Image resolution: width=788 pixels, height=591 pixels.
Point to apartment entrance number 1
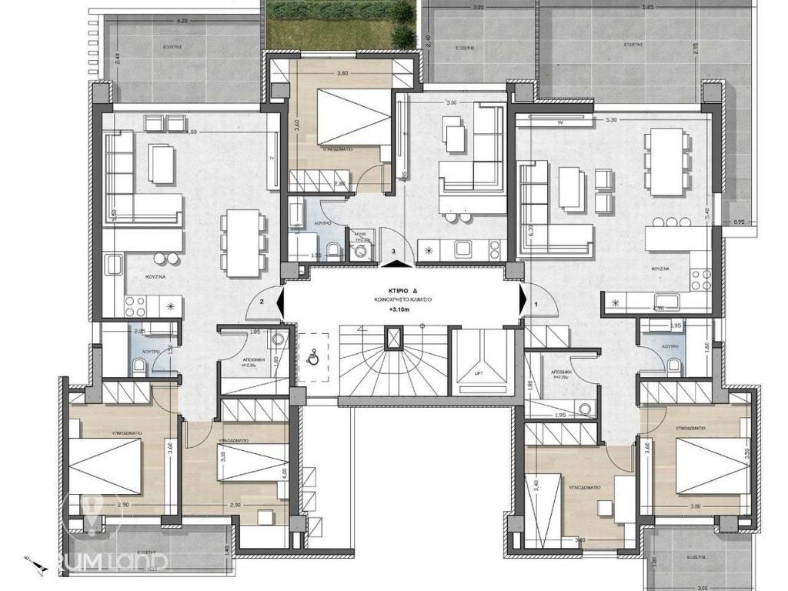click(x=536, y=304)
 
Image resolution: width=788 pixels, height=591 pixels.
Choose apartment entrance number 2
click(x=263, y=302)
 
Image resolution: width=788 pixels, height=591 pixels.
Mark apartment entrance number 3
click(x=394, y=251)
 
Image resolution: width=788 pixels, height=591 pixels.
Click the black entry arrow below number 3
click(x=394, y=263)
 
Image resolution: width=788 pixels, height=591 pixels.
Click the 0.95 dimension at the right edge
click(x=740, y=222)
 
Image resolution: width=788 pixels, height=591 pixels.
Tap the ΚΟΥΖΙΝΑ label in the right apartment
click(x=659, y=271)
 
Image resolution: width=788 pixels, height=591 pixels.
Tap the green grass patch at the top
click(x=341, y=23)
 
